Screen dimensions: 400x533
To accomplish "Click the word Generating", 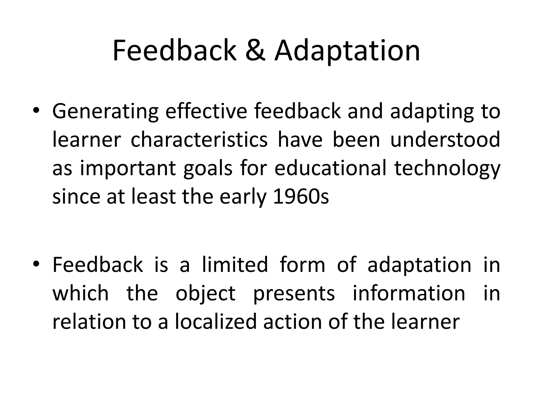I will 105,111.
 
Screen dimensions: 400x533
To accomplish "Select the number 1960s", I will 301,197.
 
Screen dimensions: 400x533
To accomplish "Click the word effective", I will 206,111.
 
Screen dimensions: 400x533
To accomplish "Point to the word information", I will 409,293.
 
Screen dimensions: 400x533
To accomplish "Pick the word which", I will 80,293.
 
